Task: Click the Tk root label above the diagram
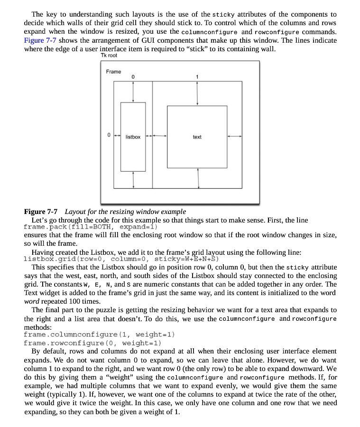click(x=109, y=56)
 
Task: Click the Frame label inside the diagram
click(x=113, y=72)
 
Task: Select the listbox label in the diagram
click(x=133, y=137)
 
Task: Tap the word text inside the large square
click(x=197, y=137)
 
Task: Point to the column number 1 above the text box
click(x=197, y=76)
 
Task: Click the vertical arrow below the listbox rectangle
click(x=133, y=179)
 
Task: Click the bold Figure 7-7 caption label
click(x=41, y=212)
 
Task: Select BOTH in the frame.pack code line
click(x=102, y=227)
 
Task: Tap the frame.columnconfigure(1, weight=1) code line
click(x=99, y=334)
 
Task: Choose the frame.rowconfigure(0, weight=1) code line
click(x=92, y=343)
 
